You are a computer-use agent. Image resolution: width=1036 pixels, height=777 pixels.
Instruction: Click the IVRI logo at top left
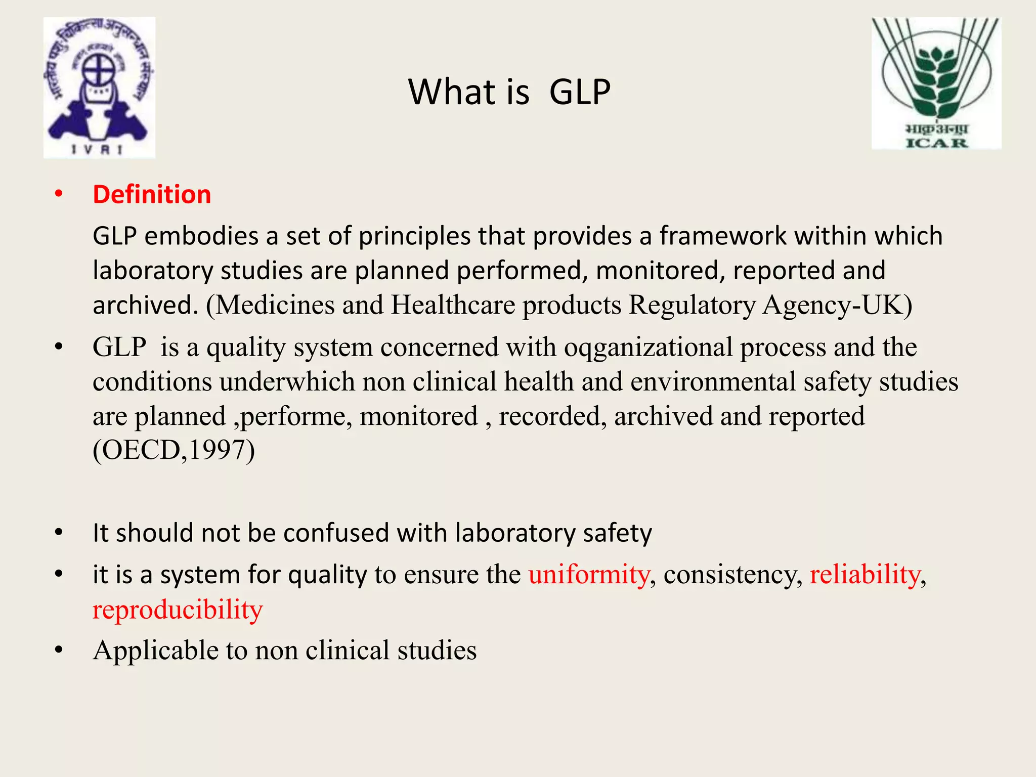pyautogui.click(x=99, y=88)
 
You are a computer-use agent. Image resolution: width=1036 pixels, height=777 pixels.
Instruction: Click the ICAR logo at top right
pyautogui.click(x=936, y=83)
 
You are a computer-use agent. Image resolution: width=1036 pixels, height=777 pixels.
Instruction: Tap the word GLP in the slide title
pyautogui.click(x=580, y=92)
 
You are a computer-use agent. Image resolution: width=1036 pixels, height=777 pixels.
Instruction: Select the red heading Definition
pyautogui.click(x=152, y=195)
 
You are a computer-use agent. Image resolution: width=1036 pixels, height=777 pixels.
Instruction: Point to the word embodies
pyautogui.click(x=201, y=236)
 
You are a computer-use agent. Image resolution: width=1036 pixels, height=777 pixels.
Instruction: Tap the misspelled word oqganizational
pyautogui.click(x=648, y=348)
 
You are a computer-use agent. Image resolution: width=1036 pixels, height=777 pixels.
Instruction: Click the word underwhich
pyautogui.click(x=287, y=382)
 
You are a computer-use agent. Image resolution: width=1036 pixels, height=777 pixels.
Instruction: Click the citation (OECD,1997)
pyautogui.click(x=174, y=450)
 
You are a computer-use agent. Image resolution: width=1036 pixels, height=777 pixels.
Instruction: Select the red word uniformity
pyautogui.click(x=589, y=575)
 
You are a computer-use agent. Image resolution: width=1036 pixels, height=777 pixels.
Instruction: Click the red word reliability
pyautogui.click(x=865, y=575)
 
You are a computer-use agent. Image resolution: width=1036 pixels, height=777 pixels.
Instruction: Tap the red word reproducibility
pyautogui.click(x=178, y=610)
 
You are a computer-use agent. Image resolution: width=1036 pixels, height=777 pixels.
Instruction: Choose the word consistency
pyautogui.click(x=732, y=575)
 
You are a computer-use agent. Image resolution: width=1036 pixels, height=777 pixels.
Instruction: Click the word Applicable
pyautogui.click(x=155, y=651)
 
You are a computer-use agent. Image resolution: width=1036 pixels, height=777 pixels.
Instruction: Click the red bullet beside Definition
pyautogui.click(x=59, y=194)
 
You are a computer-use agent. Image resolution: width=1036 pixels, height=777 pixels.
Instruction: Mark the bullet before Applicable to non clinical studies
pyautogui.click(x=59, y=650)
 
